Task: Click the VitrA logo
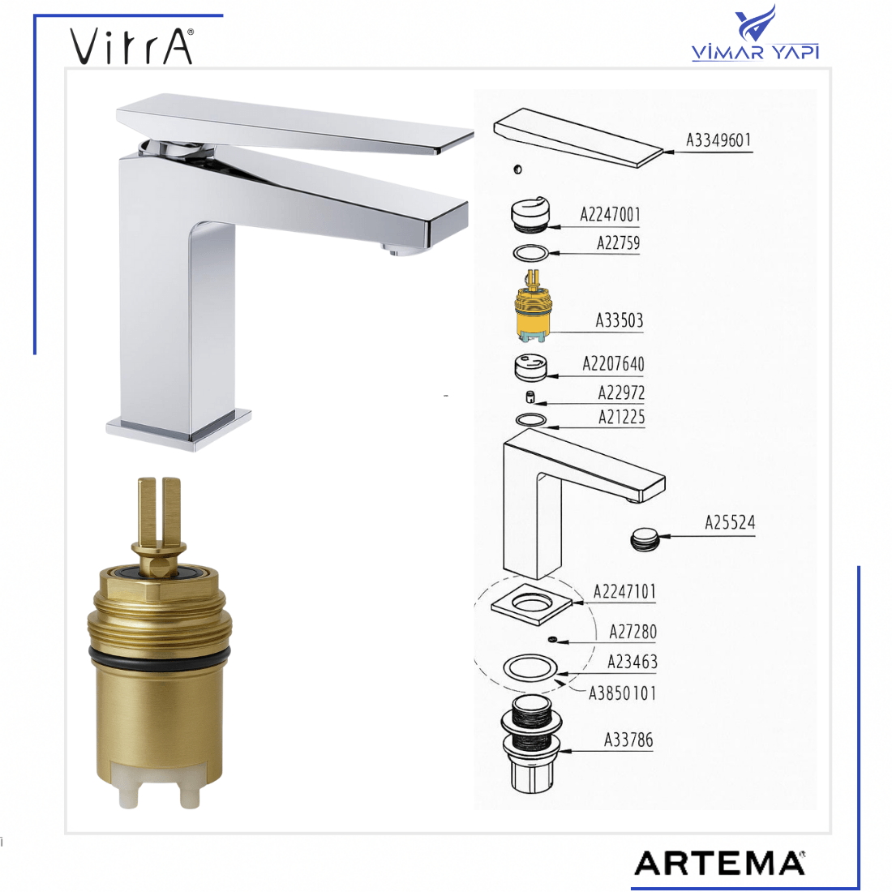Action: pyautogui.click(x=132, y=46)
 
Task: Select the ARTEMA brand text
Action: pyautogui.click(x=719, y=864)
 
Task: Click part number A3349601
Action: pyautogui.click(x=718, y=140)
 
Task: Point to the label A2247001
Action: pyautogui.click(x=610, y=214)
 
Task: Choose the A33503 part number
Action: pyautogui.click(x=619, y=320)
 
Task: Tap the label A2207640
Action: pyautogui.click(x=613, y=364)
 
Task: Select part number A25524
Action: pyautogui.click(x=730, y=522)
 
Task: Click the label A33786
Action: pyautogui.click(x=628, y=740)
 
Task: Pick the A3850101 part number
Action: pyautogui.click(x=622, y=693)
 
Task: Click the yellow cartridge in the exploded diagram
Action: pyautogui.click(x=532, y=307)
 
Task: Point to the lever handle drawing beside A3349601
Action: pyautogui.click(x=577, y=138)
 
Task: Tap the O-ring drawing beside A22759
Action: pyautogui.click(x=531, y=252)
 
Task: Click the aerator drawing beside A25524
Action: pyautogui.click(x=645, y=539)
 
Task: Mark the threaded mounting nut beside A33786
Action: pyautogui.click(x=531, y=744)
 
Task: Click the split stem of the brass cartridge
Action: pyautogui.click(x=159, y=512)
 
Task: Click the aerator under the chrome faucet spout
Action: pyautogui.click(x=401, y=251)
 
